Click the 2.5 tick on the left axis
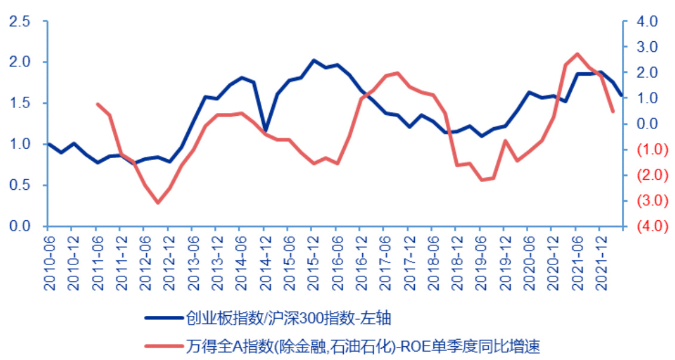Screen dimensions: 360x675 (x=20, y=21)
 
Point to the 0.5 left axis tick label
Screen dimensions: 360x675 (x=20, y=185)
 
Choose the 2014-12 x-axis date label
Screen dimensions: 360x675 (x=265, y=263)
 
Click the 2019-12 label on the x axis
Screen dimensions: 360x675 (x=505, y=263)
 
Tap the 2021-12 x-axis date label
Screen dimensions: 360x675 (x=601, y=263)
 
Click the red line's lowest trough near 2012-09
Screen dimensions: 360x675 (x=158, y=203)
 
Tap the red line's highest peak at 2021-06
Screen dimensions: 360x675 (x=577, y=54)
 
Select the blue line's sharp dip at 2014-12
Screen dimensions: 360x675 (x=265, y=130)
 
